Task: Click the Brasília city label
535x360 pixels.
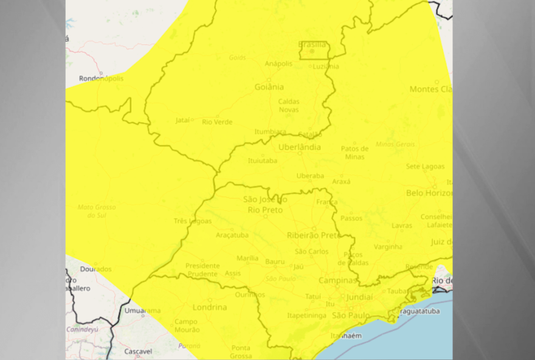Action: pyautogui.click(x=312, y=44)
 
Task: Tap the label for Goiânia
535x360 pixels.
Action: pyautogui.click(x=269, y=87)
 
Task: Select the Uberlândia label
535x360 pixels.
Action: pyautogui.click(x=299, y=147)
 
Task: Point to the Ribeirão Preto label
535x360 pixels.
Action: pyautogui.click(x=314, y=235)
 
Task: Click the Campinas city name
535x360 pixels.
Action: pyautogui.click(x=337, y=280)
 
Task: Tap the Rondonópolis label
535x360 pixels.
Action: pyautogui.click(x=101, y=78)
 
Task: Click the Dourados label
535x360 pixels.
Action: pyautogui.click(x=96, y=269)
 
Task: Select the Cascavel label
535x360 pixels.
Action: pyautogui.click(x=138, y=351)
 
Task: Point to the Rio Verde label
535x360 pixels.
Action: pyautogui.click(x=217, y=122)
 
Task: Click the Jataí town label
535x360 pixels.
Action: pyautogui.click(x=182, y=120)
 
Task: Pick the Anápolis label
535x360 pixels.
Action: pyautogui.click(x=278, y=63)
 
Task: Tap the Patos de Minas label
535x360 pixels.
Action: pyautogui.click(x=354, y=153)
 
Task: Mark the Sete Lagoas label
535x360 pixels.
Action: pyautogui.click(x=425, y=166)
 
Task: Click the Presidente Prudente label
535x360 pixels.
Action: pyautogui.click(x=202, y=269)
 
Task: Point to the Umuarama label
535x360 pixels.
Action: pyautogui.click(x=143, y=310)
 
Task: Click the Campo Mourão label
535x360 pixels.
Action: pyautogui.click(x=187, y=325)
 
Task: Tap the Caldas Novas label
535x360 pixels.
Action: pyautogui.click(x=289, y=105)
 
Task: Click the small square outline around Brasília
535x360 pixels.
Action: pyautogui.click(x=314, y=50)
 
